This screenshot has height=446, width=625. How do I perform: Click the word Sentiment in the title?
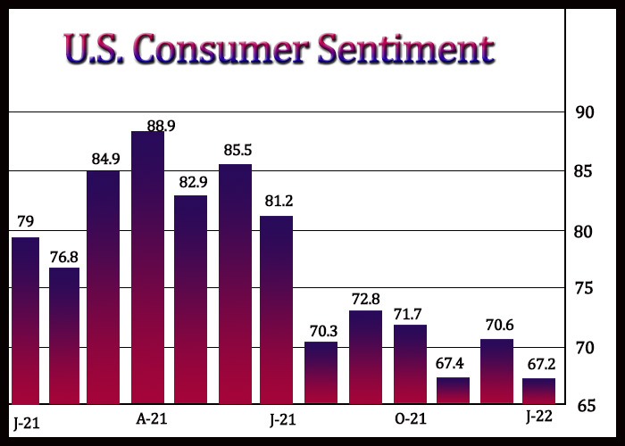point(405,48)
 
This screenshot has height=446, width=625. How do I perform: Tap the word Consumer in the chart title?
point(221,49)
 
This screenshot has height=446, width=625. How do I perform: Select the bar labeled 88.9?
point(147,268)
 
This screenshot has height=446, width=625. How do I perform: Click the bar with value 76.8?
point(64,336)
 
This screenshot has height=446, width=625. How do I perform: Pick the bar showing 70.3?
point(321,373)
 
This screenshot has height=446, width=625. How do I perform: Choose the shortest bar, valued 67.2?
point(539,392)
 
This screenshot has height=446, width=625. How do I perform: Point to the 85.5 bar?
point(235,285)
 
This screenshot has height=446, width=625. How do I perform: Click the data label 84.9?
point(105,160)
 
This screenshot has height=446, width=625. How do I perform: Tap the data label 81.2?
point(279,201)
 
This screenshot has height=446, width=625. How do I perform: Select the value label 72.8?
point(366,299)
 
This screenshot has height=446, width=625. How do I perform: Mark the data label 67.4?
point(450,364)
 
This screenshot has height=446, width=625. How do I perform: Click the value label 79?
point(26,221)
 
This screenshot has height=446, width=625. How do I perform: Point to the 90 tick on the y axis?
point(585,112)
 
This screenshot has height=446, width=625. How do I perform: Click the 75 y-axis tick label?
point(585,288)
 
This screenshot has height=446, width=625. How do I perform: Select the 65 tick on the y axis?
point(586,406)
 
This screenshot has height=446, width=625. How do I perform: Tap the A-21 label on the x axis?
point(152,419)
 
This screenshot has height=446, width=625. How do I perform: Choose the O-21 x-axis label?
point(411,419)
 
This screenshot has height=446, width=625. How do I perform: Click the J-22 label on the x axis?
point(539,417)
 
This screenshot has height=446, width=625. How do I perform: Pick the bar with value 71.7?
point(410,364)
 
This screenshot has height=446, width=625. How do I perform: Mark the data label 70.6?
point(500,326)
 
